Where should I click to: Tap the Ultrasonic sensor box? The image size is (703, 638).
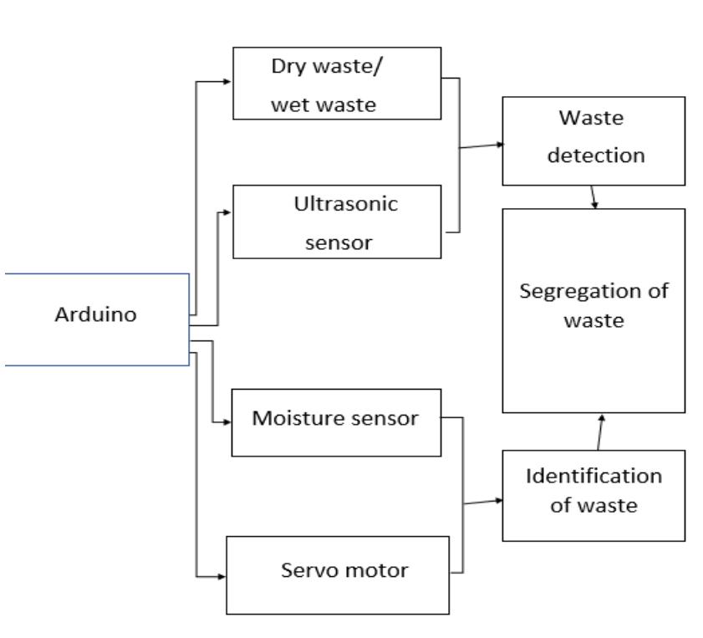(336, 222)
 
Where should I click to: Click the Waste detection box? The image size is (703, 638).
(593, 140)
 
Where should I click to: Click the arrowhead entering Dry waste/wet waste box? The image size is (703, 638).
(227, 81)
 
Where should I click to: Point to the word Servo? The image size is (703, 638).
(305, 572)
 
